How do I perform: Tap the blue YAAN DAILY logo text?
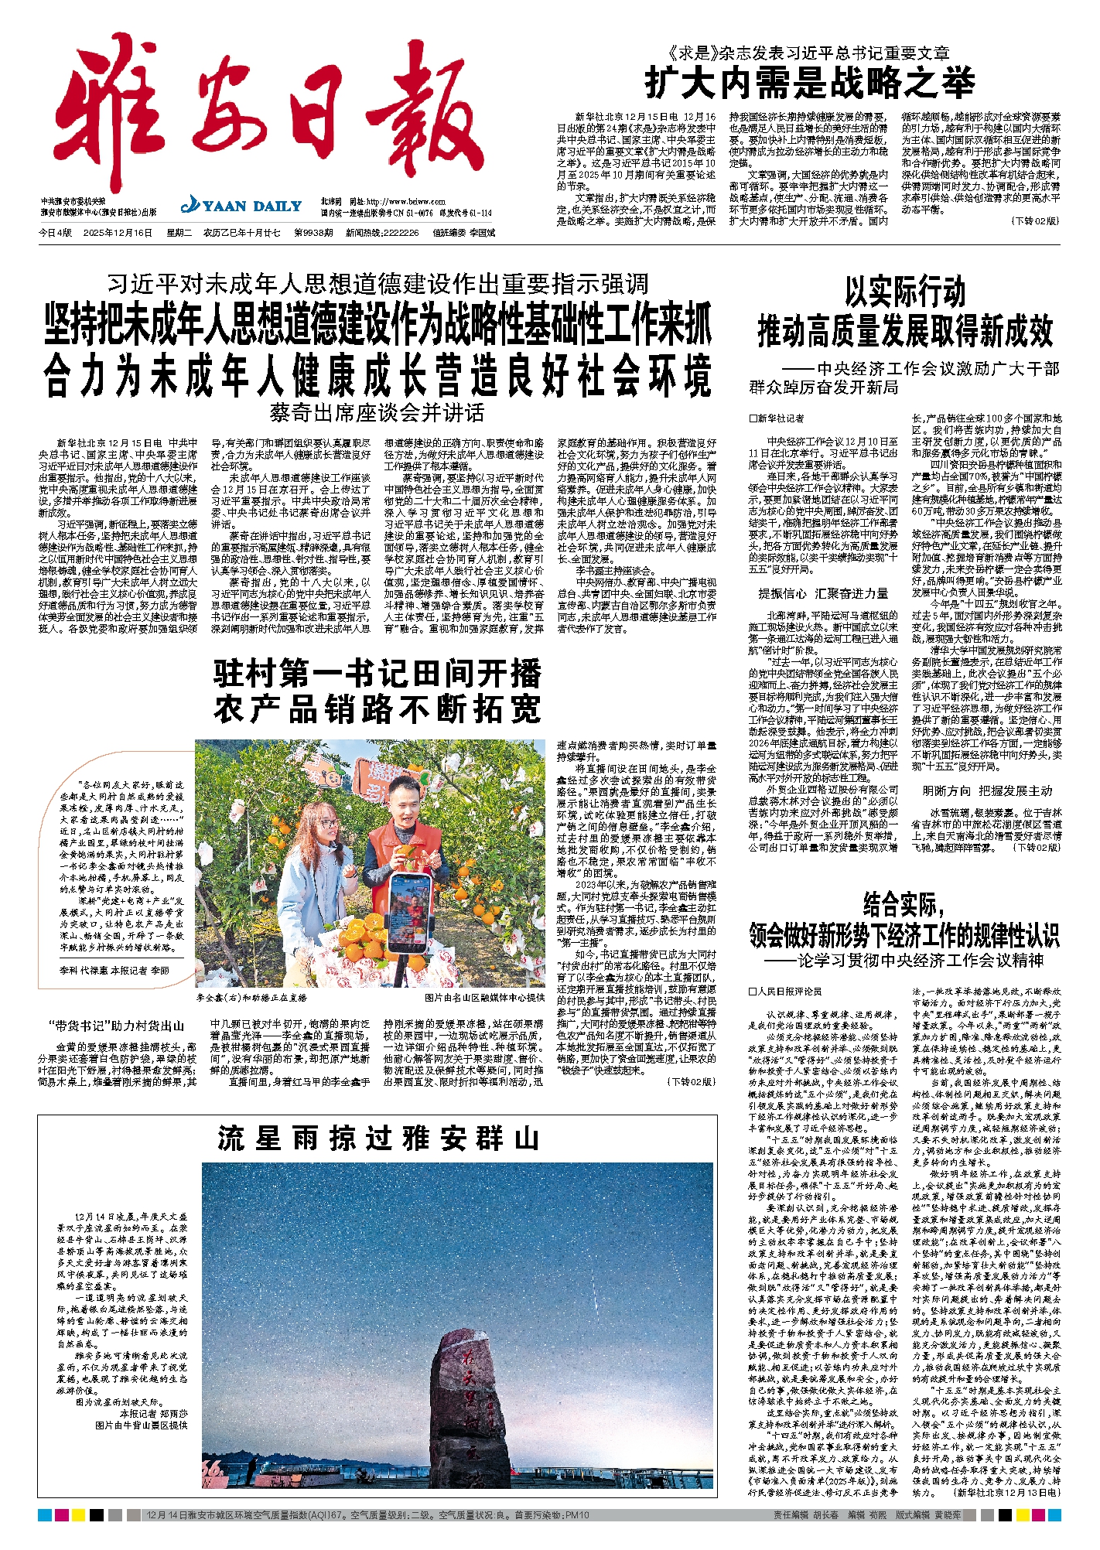(241, 206)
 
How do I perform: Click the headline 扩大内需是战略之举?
(809, 83)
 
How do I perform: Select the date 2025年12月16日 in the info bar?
(118, 233)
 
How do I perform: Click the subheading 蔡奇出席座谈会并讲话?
(377, 413)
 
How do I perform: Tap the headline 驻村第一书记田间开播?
(377, 674)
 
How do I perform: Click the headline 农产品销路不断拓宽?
(377, 709)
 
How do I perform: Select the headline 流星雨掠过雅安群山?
(377, 1139)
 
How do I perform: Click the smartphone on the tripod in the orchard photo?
(408, 913)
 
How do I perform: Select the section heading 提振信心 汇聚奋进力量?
(823, 594)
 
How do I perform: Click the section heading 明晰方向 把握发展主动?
(987, 791)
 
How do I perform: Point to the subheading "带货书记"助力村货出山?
(117, 1026)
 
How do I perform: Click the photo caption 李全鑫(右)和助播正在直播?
(251, 998)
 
